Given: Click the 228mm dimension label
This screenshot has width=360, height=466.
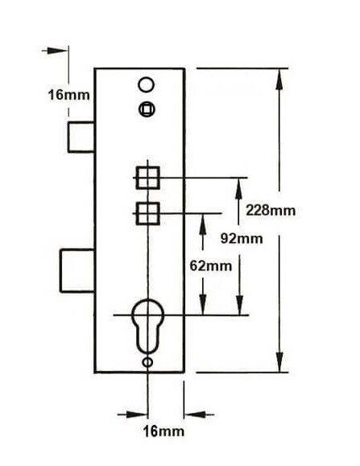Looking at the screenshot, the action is point(271,211).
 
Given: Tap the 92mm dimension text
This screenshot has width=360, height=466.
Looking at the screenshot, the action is point(242,238).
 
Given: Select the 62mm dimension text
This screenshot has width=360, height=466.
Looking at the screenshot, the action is point(211,266).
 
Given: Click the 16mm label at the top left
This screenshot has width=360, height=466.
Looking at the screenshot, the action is point(68,95).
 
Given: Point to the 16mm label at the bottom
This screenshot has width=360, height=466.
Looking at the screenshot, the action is point(163,431).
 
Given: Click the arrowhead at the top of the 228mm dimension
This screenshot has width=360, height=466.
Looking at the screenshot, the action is point(279,79).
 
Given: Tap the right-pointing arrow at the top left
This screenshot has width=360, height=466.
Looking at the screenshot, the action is point(55,51).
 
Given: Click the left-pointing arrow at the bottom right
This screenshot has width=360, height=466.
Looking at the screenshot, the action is point(199,414).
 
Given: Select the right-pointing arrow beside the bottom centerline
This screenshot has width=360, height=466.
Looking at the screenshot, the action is point(133,414).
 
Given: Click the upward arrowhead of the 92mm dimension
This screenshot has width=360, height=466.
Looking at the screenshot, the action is point(238,188).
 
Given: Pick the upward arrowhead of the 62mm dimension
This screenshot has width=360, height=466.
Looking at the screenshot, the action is point(203,224).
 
